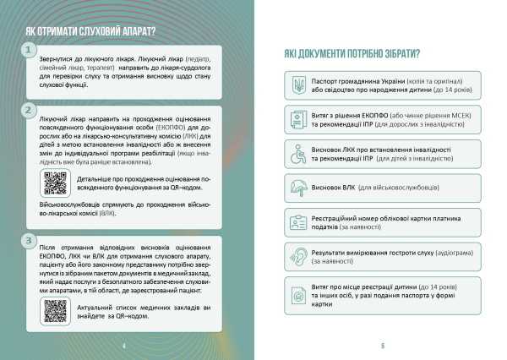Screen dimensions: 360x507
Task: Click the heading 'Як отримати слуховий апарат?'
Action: (x=90, y=30)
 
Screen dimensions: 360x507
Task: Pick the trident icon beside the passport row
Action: (x=298, y=85)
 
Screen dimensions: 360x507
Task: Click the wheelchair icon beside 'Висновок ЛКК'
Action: (x=298, y=155)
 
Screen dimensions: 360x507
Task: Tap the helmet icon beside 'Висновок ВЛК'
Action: (x=298, y=188)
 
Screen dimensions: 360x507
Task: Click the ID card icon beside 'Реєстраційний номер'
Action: (x=298, y=223)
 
